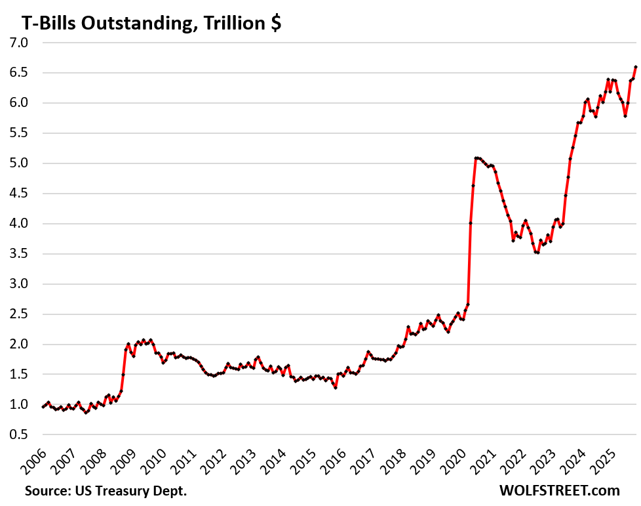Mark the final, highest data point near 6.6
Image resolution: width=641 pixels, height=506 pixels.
click(636, 67)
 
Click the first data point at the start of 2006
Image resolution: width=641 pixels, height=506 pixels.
click(43, 407)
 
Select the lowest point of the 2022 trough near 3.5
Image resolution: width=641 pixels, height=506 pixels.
click(537, 253)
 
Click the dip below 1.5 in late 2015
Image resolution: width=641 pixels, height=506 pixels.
click(336, 387)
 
